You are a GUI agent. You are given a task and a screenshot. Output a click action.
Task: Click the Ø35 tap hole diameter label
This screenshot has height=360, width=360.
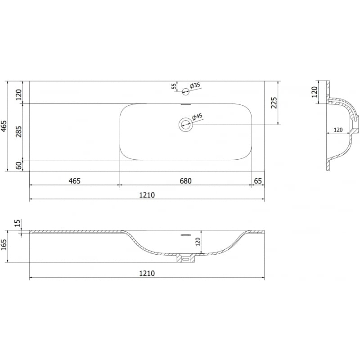pos(195,85)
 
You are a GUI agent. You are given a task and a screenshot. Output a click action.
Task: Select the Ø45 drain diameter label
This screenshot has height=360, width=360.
pos(197,117)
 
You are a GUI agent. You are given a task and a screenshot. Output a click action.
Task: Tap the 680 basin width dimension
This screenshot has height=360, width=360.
pos(185,181)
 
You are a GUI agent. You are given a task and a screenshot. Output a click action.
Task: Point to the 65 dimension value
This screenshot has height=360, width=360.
pos(258,181)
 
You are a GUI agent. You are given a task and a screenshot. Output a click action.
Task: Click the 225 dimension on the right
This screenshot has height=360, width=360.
pos(274,103)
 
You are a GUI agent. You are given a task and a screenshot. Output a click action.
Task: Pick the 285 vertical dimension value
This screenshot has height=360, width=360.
pos(18,131)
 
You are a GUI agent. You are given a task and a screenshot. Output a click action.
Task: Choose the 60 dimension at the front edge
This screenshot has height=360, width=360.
pos(19,165)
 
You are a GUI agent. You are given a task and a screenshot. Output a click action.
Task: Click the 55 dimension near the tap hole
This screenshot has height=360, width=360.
pos(174,86)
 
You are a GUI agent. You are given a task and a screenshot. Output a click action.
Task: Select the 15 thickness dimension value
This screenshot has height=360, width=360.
pos(18,223)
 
